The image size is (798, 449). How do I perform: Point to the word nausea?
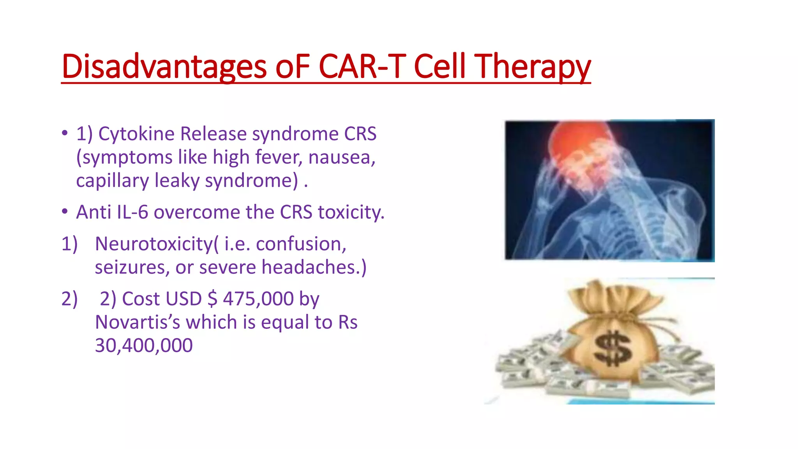click(x=341, y=157)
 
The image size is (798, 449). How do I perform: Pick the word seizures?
click(x=132, y=268)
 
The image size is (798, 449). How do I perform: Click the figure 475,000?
click(x=258, y=299)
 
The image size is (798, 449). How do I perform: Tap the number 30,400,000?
click(x=144, y=346)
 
